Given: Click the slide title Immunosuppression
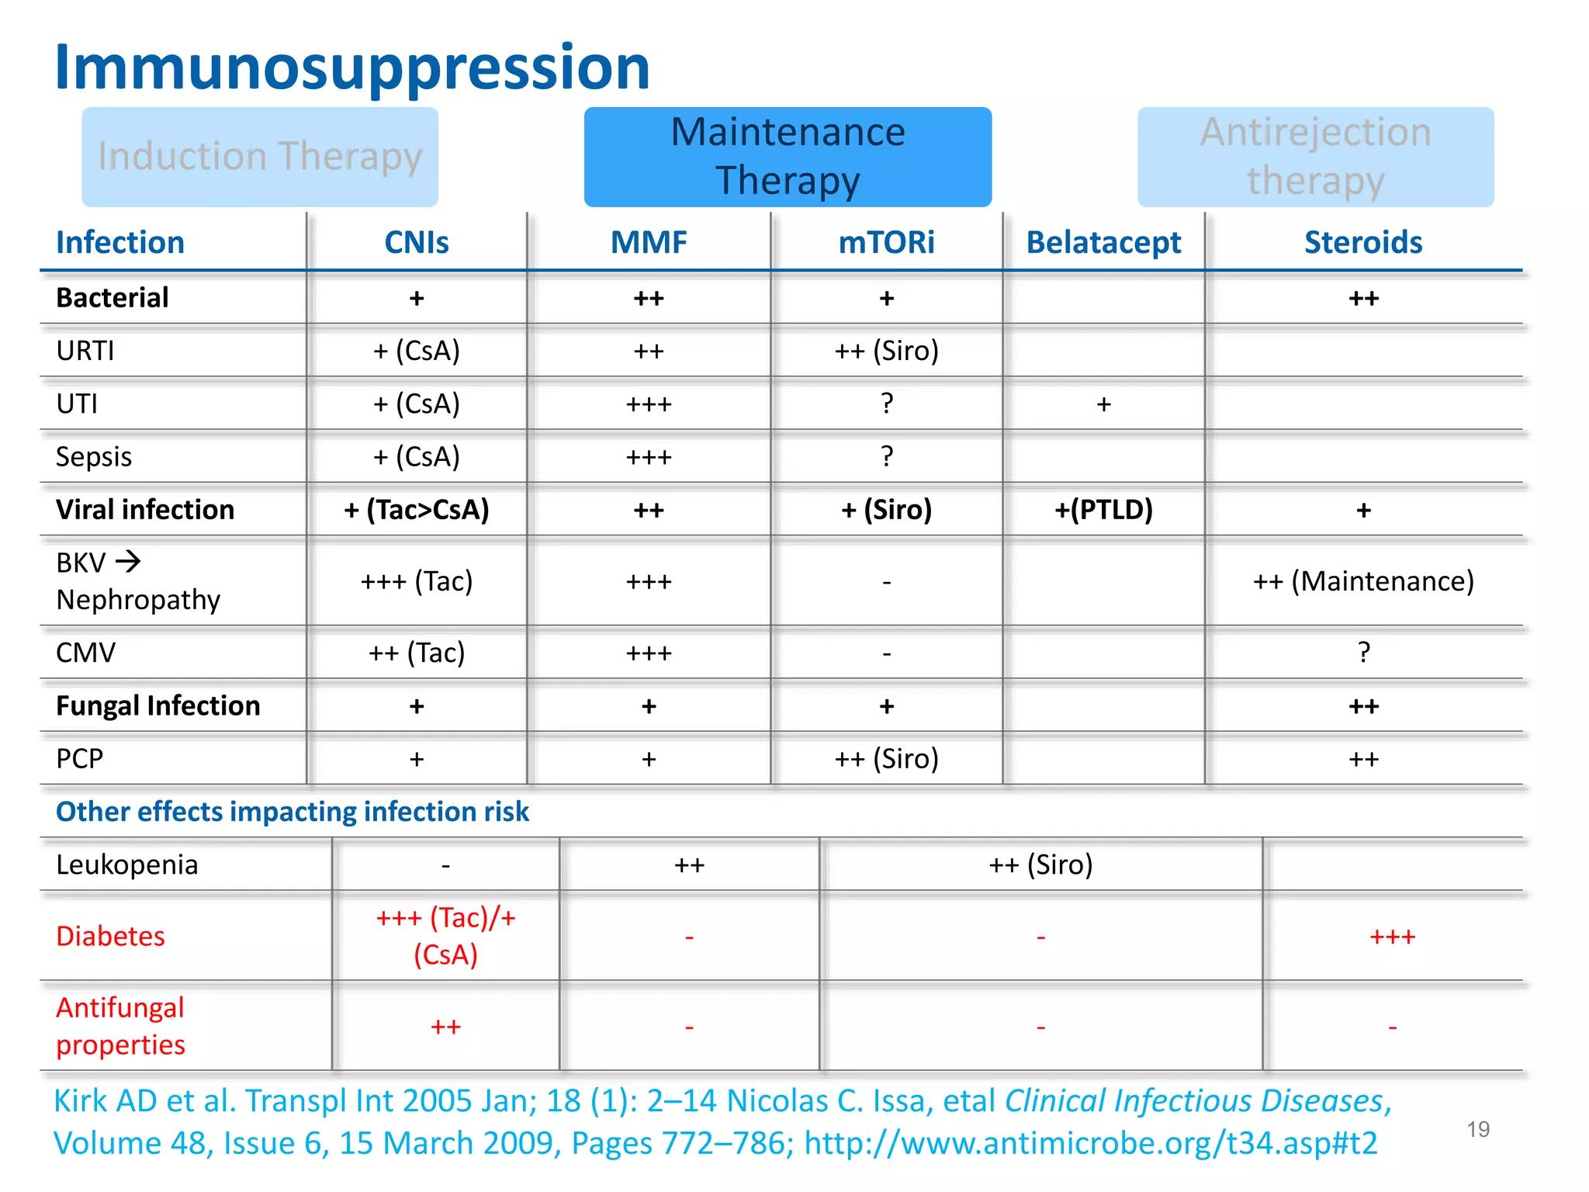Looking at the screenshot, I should (351, 68).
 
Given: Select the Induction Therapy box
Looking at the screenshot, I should (260, 157).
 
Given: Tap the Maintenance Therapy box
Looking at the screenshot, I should (788, 157).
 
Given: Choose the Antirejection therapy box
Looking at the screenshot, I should (1315, 157).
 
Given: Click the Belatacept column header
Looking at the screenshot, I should (1103, 243).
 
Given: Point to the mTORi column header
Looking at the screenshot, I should (886, 243).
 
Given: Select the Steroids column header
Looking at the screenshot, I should (1363, 243).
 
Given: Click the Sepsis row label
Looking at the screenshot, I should (94, 457).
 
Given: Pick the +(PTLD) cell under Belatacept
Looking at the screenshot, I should (1103, 510).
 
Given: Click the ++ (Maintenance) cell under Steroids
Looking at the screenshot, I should (1363, 581).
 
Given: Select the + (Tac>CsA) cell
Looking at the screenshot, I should (417, 510).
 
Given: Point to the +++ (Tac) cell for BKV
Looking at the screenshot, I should (417, 581).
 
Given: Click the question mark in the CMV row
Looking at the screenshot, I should (1363, 653).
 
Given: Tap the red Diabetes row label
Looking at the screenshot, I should (110, 937).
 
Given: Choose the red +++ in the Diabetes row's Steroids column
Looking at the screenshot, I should (1392, 937).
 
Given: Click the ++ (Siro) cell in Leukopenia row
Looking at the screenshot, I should (1040, 865).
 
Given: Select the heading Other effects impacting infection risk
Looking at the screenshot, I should (293, 812).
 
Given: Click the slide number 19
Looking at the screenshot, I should (1478, 1129).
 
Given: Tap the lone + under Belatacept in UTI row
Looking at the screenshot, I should (1103, 404).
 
